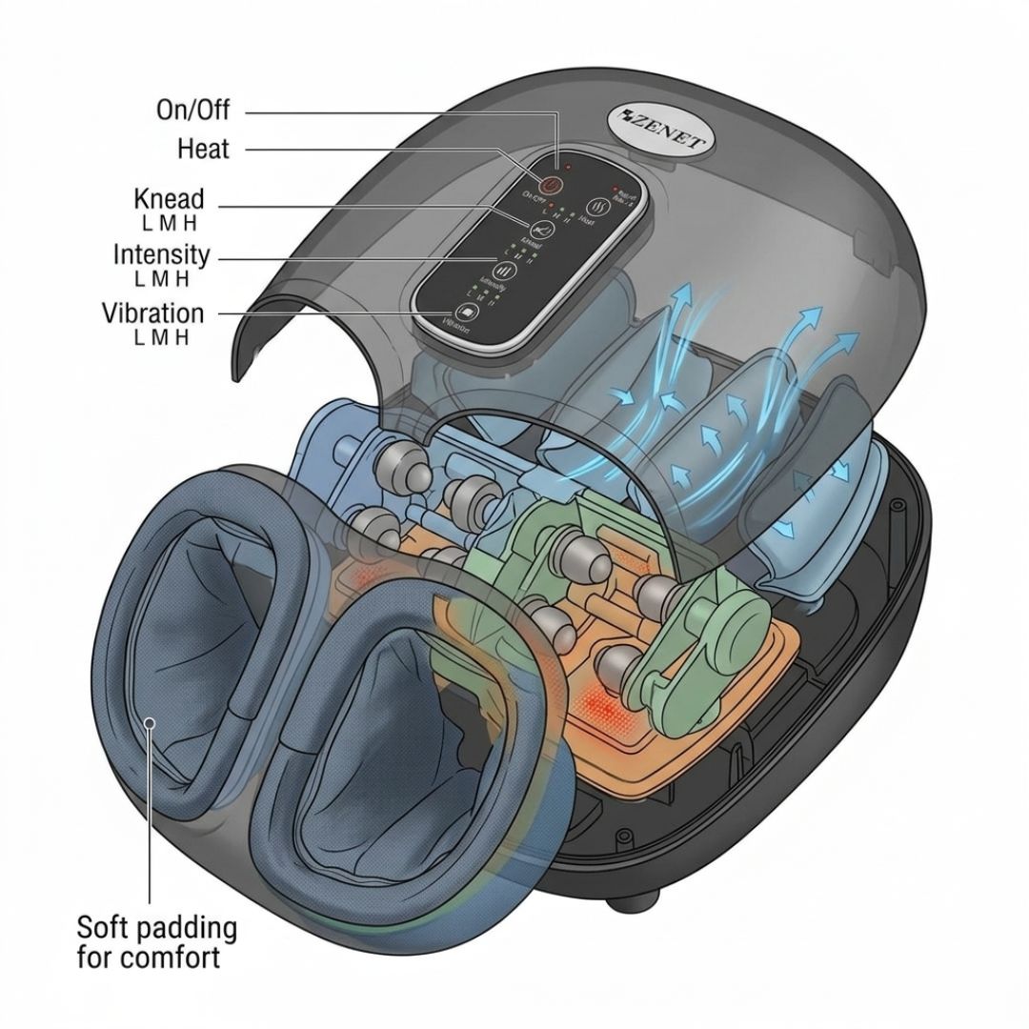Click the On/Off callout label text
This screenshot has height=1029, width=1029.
click(192, 111)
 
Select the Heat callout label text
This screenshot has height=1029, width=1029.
click(203, 149)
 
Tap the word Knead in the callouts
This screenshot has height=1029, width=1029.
click(169, 199)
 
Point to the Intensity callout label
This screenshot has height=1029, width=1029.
click(161, 255)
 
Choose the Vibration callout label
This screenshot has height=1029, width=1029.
click(152, 313)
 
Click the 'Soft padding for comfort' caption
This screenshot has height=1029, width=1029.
click(156, 941)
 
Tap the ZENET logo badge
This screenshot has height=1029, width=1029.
click(658, 131)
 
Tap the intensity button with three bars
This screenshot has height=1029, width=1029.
click(503, 270)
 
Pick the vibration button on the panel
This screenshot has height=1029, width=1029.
click(466, 313)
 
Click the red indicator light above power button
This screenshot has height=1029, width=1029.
click(567, 167)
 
